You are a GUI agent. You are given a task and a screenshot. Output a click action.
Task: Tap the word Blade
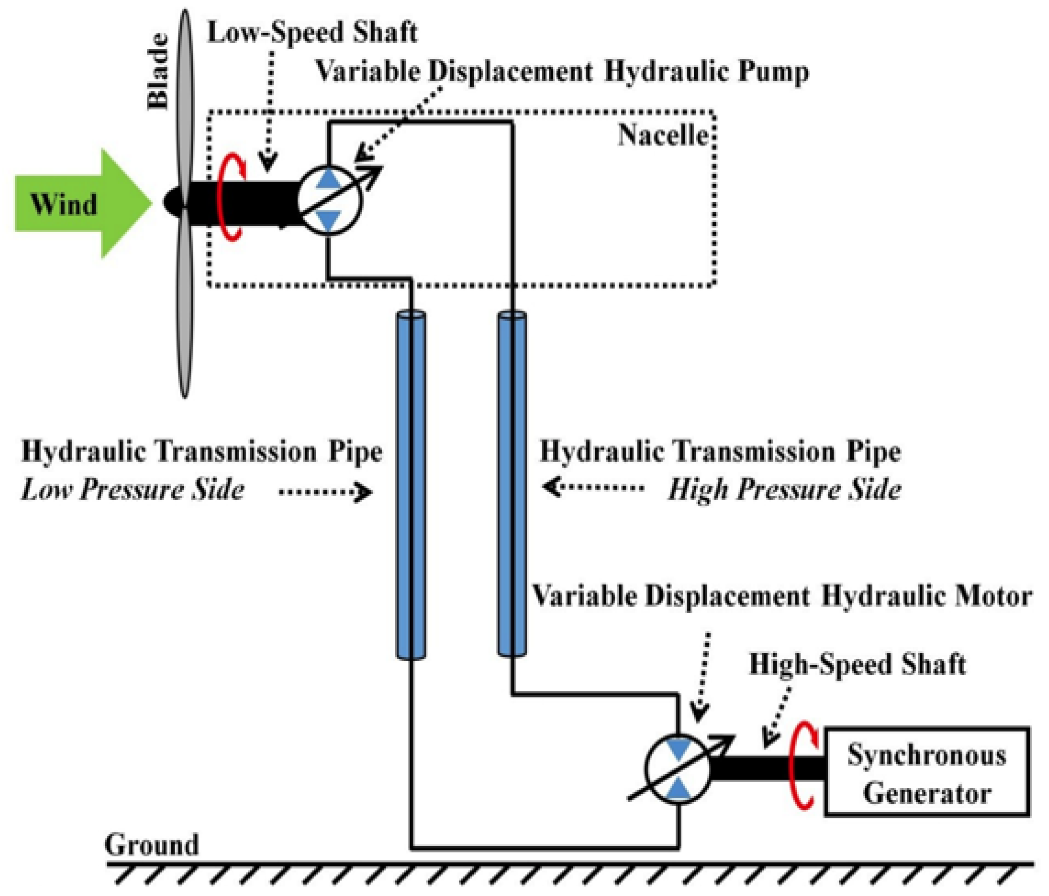[157, 72]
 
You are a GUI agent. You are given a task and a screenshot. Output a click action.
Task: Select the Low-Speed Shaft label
[312, 32]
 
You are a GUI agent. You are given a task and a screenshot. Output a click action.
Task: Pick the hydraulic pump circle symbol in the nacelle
[329, 201]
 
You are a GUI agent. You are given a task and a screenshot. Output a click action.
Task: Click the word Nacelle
[663, 136]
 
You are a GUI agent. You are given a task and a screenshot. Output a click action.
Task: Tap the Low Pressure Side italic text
[133, 490]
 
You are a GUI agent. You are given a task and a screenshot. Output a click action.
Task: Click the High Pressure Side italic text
[784, 490]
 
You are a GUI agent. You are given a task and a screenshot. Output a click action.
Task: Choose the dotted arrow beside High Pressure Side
[592, 487]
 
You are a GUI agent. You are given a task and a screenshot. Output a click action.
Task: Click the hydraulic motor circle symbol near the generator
[677, 768]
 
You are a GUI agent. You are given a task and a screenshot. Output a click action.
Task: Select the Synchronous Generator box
[926, 771]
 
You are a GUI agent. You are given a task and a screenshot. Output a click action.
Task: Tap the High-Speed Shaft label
[857, 665]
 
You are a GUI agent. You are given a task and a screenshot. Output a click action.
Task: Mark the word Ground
[151, 844]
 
